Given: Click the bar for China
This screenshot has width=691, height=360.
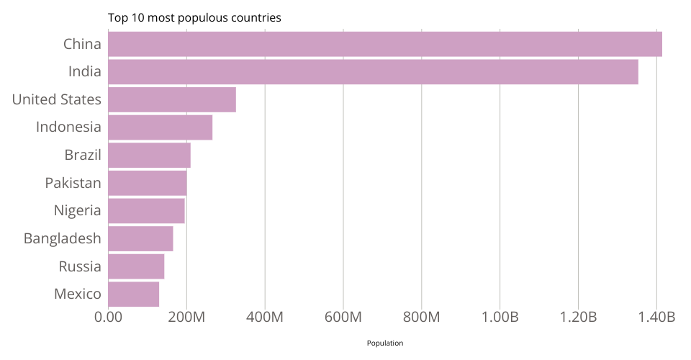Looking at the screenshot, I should coord(385,44).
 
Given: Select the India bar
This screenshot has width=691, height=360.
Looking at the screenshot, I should coord(373,72).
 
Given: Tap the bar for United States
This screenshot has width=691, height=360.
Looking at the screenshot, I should coord(172,99).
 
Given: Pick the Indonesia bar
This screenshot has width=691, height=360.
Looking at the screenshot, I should coord(160,127).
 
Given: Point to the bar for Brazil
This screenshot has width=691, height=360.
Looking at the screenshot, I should coord(149,155).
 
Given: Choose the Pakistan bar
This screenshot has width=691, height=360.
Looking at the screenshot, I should coord(148,183).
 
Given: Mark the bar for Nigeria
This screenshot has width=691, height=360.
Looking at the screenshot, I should coord(146,211).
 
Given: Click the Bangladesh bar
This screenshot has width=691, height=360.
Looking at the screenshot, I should coord(140,238).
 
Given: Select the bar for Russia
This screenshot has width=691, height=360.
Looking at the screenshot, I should coord(136,266).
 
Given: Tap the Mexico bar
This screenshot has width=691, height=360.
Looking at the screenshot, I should coord(133,294).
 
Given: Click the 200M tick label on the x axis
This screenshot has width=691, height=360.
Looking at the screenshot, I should coord(186,318).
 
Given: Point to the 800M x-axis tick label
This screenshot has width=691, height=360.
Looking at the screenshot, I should coord(421,318).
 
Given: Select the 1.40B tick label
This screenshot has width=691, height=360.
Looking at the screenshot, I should coord(656,318).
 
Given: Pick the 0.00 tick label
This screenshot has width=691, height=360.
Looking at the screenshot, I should coord(108,318).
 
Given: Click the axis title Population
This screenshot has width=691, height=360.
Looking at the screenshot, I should coord(385,343).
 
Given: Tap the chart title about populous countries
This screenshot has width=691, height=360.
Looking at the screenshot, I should coord(194,17).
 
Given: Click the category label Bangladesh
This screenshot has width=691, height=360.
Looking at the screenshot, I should coord(62,238).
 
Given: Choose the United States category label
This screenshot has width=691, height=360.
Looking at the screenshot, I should coord(56,99).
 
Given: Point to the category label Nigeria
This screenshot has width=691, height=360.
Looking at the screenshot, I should coord(77,211).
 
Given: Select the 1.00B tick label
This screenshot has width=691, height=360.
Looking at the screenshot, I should coord(500,318).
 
